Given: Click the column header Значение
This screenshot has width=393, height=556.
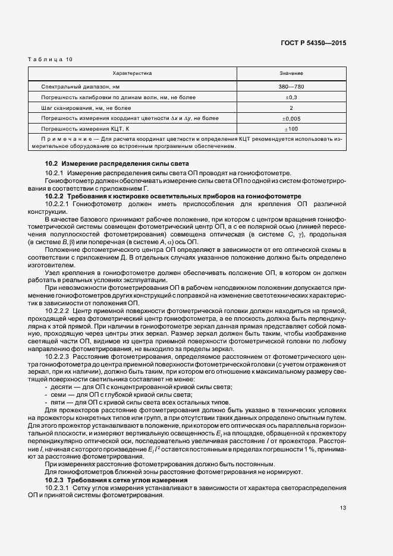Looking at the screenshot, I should (x=291, y=73).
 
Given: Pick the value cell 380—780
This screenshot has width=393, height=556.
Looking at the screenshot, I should (x=291, y=87).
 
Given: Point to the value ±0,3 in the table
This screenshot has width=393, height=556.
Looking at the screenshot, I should (x=291, y=97).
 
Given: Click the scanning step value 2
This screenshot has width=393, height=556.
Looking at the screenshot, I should (x=291, y=108).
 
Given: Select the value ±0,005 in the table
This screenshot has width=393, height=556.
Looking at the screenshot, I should (x=291, y=118).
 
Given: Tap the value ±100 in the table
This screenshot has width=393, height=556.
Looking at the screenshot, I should (x=291, y=128).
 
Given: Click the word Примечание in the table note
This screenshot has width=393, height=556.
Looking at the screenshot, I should (x=65, y=139).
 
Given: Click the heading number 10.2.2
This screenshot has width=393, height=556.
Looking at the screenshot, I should (x=55, y=196).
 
